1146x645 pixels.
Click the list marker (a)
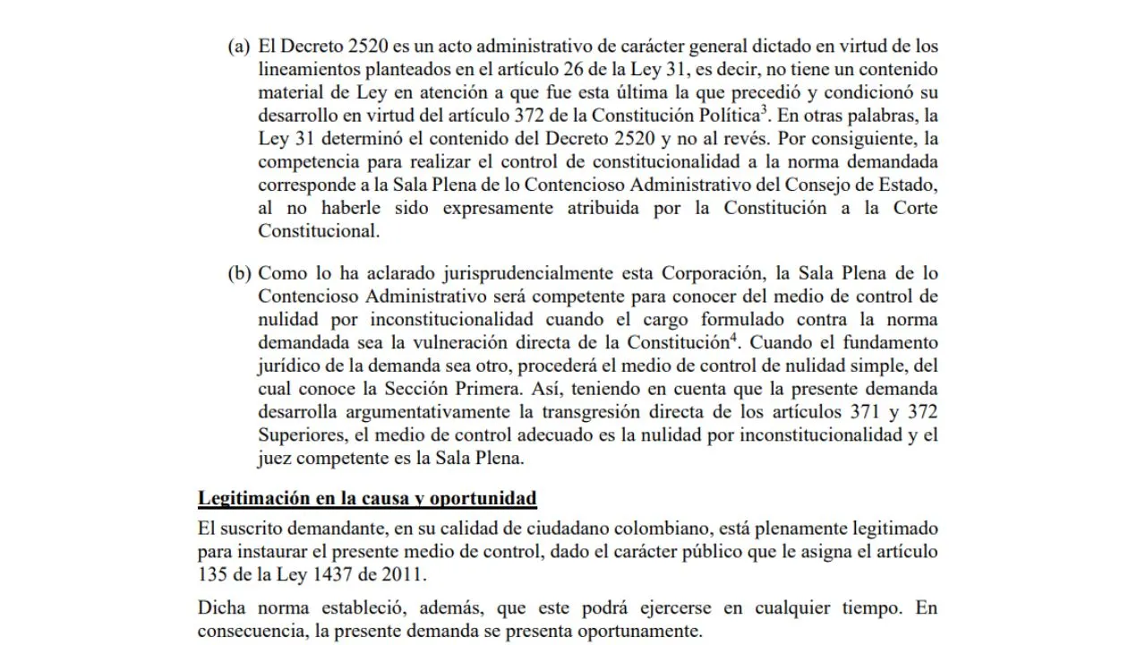[239, 47]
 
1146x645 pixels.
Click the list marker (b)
[239, 273]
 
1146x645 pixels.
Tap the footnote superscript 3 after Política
[762, 110]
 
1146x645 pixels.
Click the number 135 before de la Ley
[211, 574]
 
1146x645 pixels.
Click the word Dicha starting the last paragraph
[219, 608]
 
